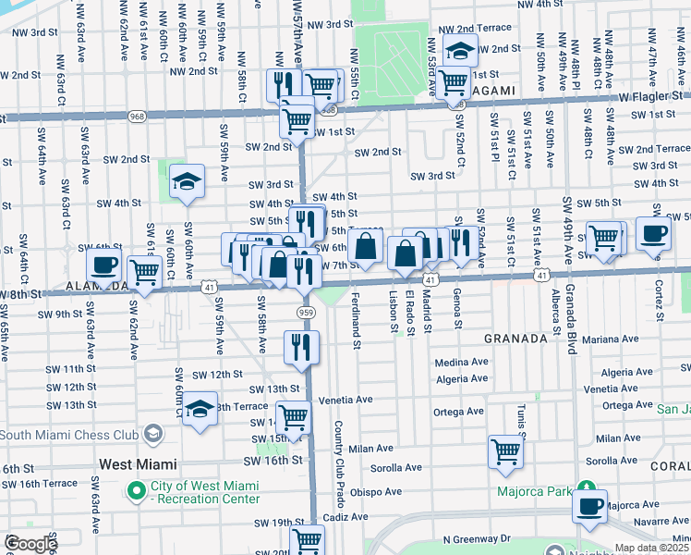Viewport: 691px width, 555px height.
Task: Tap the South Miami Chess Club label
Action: coord(76,435)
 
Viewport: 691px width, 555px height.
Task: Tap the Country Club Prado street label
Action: coord(339,463)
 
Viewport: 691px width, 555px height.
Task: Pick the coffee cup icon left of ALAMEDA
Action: coord(103,265)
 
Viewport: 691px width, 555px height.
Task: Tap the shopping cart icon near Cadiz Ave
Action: coord(307,539)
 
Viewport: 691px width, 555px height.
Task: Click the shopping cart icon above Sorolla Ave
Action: coord(505,450)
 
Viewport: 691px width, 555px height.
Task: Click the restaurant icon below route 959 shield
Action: coord(302,346)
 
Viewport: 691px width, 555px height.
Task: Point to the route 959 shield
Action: coord(306,314)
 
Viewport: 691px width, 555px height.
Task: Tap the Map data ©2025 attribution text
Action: coord(650,548)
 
